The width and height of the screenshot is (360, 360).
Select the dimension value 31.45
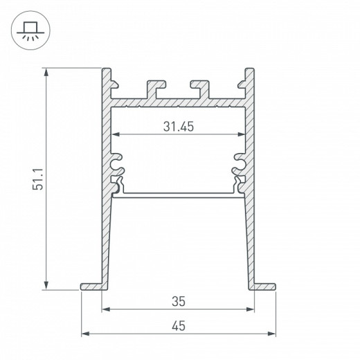tap(178, 126)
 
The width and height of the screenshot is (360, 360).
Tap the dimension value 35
tap(178, 301)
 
